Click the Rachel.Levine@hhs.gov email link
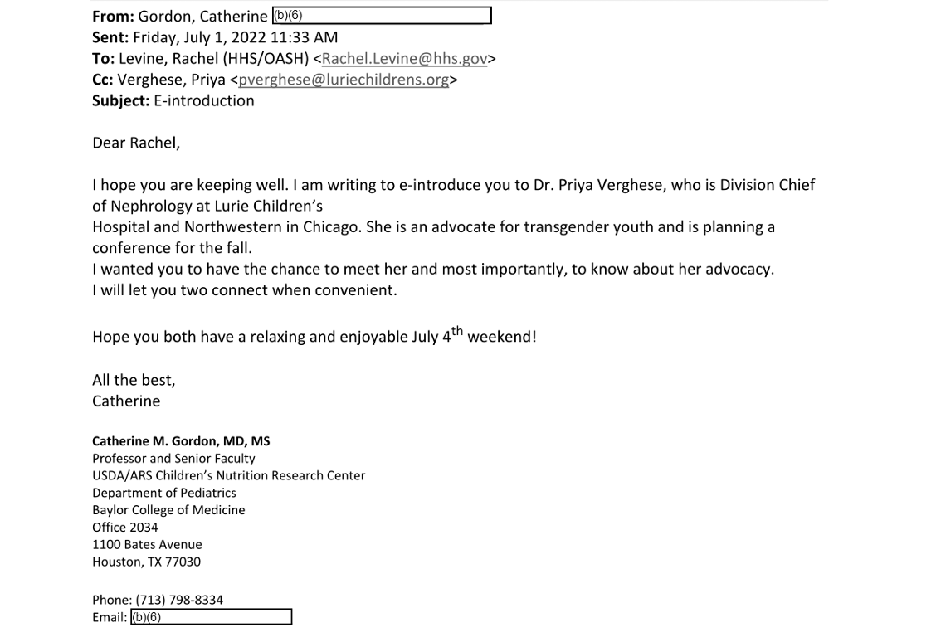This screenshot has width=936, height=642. pyautogui.click(x=404, y=59)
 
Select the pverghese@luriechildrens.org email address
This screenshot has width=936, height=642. pyautogui.click(x=344, y=80)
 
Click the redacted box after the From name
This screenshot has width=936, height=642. pyautogui.click(x=382, y=16)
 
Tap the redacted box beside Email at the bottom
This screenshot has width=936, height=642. pyautogui.click(x=212, y=617)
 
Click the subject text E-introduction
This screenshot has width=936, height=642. pyautogui.click(x=204, y=101)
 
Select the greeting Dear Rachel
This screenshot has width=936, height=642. pyautogui.click(x=135, y=143)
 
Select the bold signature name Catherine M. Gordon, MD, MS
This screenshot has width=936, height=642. pyautogui.click(x=181, y=441)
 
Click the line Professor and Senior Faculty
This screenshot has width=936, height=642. pyautogui.click(x=173, y=459)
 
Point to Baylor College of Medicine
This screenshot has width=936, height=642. pyautogui.click(x=168, y=510)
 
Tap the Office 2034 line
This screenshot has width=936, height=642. pyautogui.click(x=124, y=528)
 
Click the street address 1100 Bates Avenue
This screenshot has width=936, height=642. pyautogui.click(x=147, y=545)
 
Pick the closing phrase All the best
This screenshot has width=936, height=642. pyautogui.click(x=134, y=381)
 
